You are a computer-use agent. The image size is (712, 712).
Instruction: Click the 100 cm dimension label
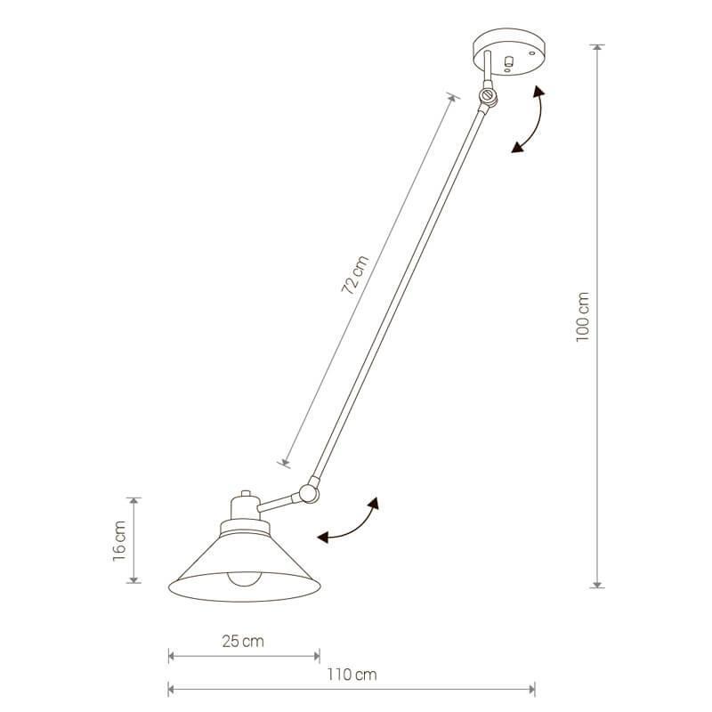pos(584,317)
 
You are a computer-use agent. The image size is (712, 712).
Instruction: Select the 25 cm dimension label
pos(243,641)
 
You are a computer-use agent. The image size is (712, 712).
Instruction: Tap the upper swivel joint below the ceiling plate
pos(488,95)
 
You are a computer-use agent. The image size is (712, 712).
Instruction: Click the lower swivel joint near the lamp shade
pos(309,489)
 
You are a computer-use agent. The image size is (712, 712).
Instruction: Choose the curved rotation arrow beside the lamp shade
pos(351,522)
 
